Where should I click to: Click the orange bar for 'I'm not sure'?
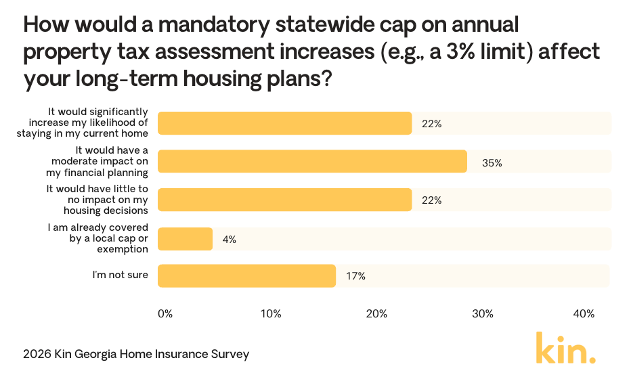(x=246, y=276)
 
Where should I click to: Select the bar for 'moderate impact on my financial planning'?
(x=312, y=162)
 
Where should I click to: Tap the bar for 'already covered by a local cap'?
(x=185, y=239)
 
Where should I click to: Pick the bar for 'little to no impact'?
(x=284, y=200)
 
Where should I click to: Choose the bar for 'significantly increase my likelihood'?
(x=284, y=124)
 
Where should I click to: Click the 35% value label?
(x=492, y=162)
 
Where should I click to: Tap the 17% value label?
(x=356, y=276)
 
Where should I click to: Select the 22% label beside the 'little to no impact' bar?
(x=432, y=201)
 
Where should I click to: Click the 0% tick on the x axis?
(x=165, y=314)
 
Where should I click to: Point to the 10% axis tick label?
(x=271, y=314)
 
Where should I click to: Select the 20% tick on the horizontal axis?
(x=376, y=314)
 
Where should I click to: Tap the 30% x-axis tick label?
(x=482, y=314)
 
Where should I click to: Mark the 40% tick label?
(x=584, y=314)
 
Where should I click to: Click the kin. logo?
(x=566, y=348)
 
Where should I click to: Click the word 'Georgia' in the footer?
(x=95, y=354)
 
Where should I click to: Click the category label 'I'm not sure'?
(x=121, y=275)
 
